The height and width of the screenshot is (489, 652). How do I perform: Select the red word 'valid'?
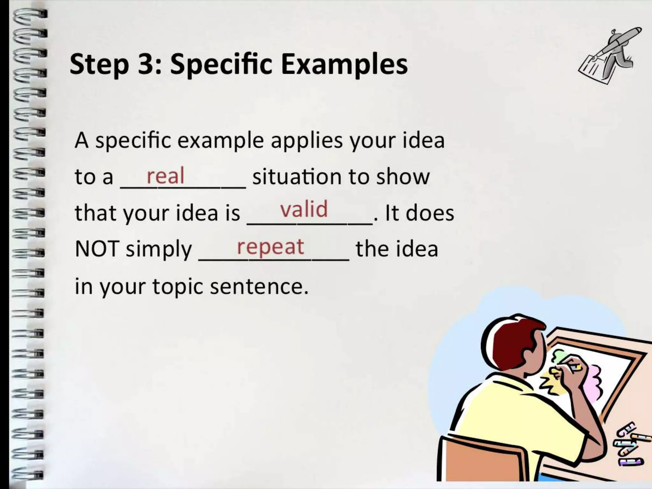tap(304, 209)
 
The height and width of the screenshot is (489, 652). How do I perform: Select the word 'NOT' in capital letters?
tap(97, 249)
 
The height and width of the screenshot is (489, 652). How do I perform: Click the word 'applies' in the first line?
tap(307, 141)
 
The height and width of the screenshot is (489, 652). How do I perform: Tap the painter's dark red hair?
tap(506, 344)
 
